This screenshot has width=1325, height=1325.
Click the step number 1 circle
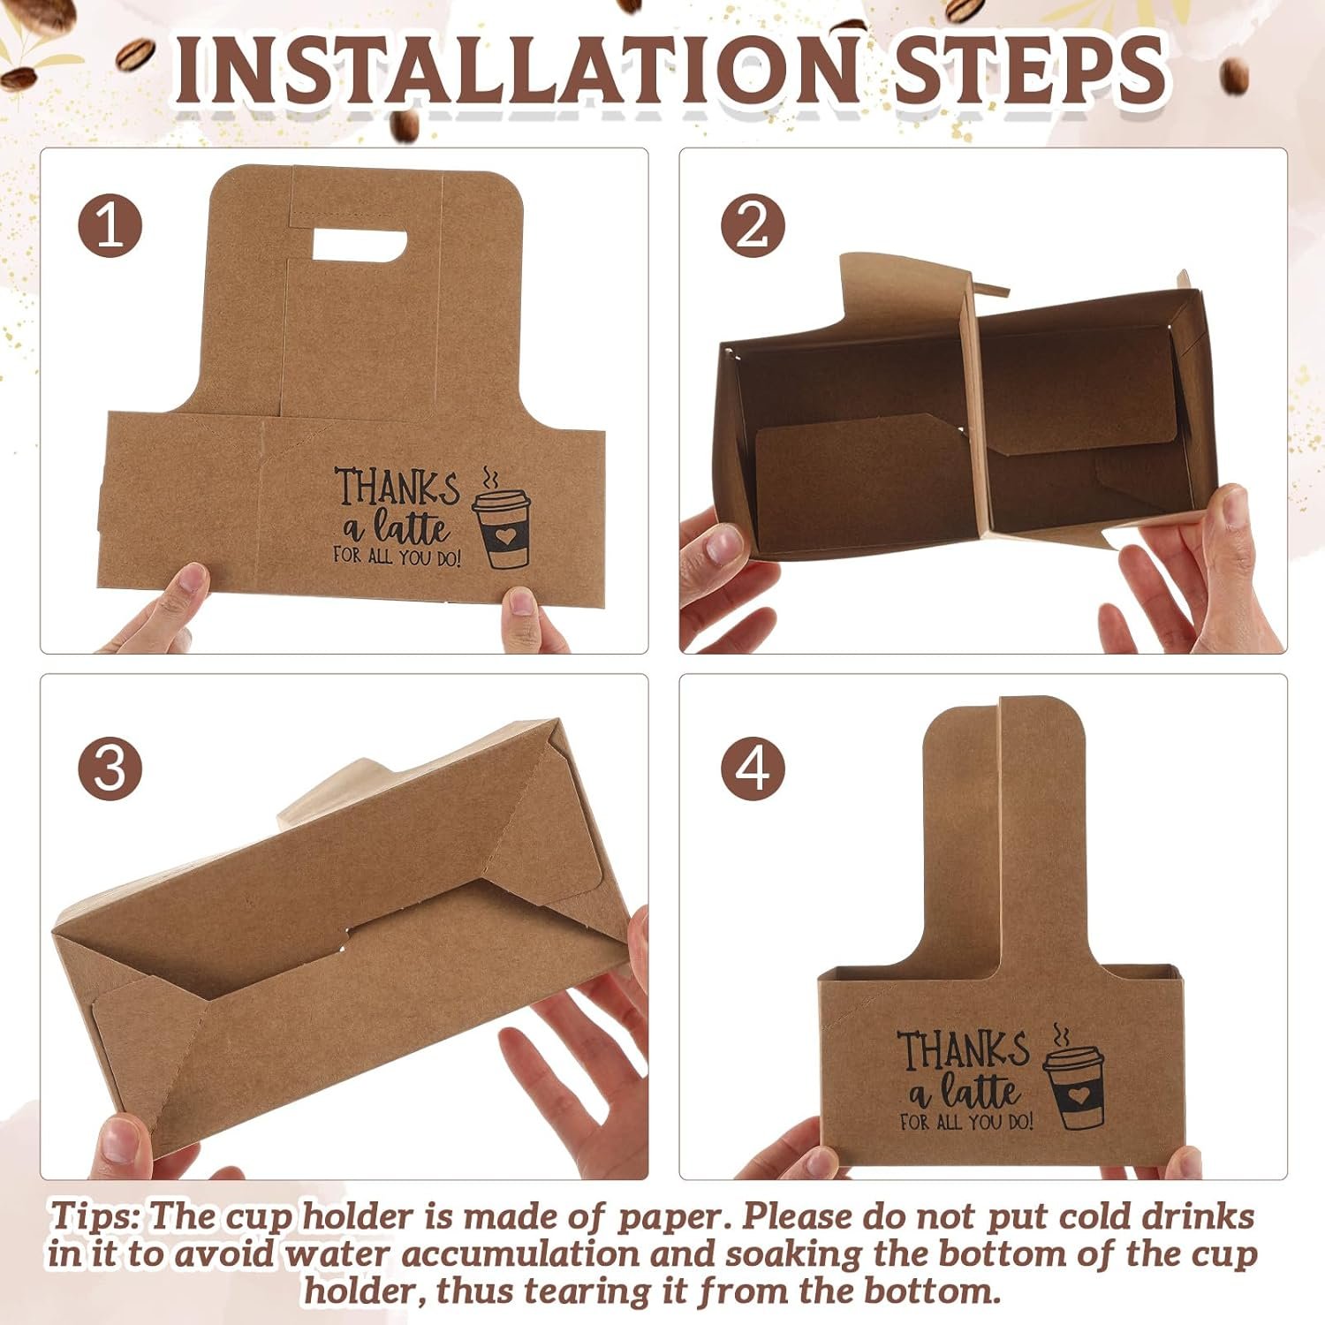[x=110, y=226]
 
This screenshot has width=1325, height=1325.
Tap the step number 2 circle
[x=753, y=226]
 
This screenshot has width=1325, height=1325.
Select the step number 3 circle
[x=110, y=767]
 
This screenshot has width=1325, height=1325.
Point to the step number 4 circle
[x=753, y=767]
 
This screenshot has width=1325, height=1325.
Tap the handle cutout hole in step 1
[x=359, y=245]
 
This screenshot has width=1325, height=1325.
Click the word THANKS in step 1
[x=397, y=487]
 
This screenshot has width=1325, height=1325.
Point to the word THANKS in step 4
[x=964, y=1049]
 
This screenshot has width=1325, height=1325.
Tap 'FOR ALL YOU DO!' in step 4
[x=965, y=1122]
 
